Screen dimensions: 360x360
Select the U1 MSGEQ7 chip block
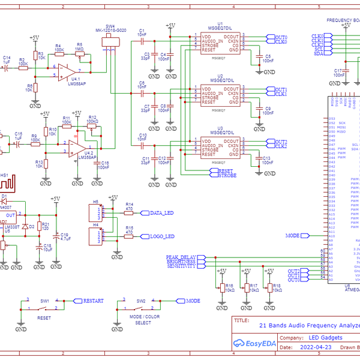tap(220, 43)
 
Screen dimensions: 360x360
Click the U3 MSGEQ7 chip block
tap(220, 148)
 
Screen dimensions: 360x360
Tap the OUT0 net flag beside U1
tap(280, 37)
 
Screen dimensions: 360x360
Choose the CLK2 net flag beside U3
tap(280, 146)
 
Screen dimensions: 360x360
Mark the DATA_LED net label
tap(161, 213)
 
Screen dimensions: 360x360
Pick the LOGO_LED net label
tap(161, 236)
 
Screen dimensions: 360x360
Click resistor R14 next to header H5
tap(128, 213)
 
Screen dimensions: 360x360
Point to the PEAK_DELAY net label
tap(182, 257)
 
